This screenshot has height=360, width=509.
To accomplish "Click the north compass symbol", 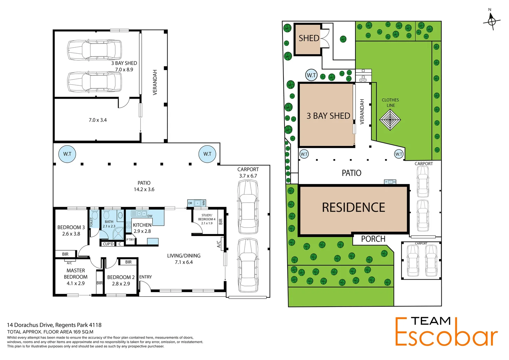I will click(x=492, y=21).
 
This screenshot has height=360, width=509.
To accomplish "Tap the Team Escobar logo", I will click(x=446, y=332).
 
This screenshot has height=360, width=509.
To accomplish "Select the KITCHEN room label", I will click(x=142, y=225).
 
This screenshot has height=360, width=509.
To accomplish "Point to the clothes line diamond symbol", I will click(x=390, y=120).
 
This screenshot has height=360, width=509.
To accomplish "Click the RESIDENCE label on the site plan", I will click(x=353, y=208).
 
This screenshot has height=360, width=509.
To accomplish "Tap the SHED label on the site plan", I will click(x=309, y=38).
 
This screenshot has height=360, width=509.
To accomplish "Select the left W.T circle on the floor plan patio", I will click(x=67, y=154).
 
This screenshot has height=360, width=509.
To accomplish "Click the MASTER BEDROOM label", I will click(x=76, y=274).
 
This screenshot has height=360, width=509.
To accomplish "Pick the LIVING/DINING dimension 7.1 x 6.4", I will click(x=184, y=262).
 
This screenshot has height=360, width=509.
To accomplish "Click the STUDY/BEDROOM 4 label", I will click(x=207, y=217).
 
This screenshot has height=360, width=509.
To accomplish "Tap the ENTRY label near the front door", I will click(x=146, y=277).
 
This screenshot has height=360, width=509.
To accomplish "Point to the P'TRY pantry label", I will click(x=130, y=240).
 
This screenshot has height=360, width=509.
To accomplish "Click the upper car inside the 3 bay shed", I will click(x=94, y=49).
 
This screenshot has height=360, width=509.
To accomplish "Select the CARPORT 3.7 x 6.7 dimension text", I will click(x=248, y=176).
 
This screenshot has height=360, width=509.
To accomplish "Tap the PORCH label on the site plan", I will click(x=373, y=239).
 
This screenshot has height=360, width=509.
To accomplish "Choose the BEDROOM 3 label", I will click(x=71, y=227).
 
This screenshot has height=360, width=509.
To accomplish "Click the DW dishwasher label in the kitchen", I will click(x=150, y=216).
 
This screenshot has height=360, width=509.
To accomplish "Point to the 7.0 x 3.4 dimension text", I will click(x=98, y=120).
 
